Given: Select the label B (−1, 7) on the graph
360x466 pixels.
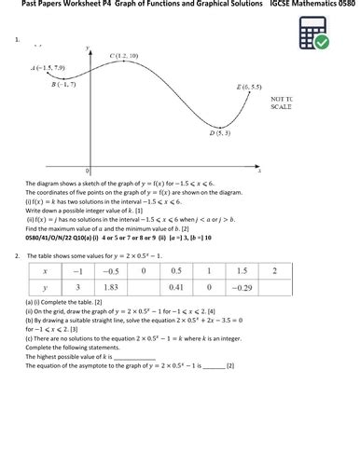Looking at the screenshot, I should click(x=62, y=84).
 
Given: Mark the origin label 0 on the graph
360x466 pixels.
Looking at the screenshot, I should click(x=88, y=171).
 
